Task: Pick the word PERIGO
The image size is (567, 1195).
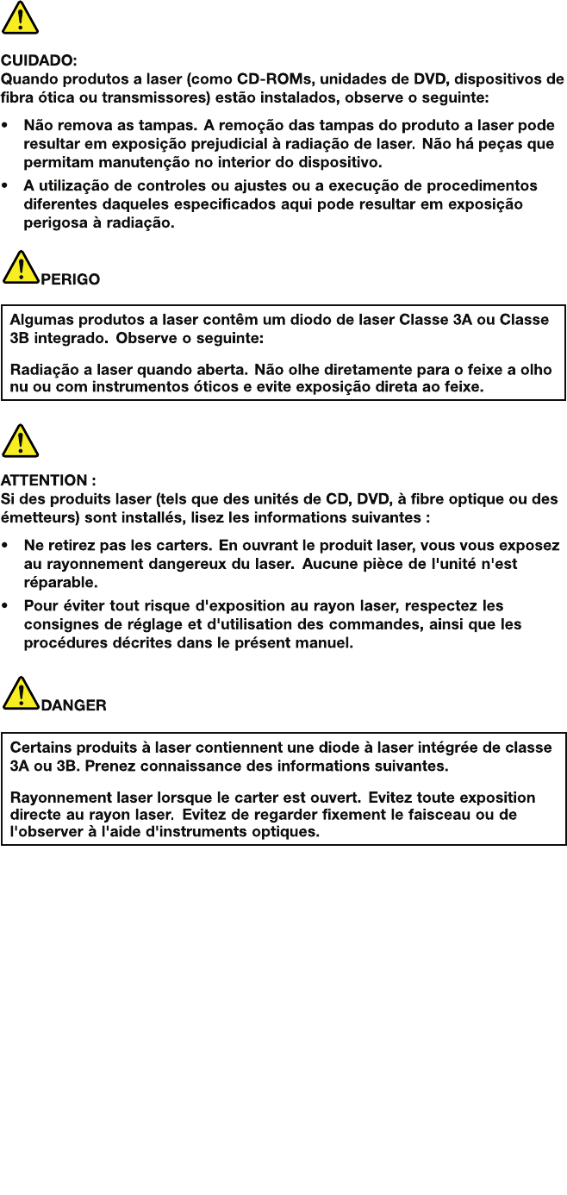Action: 71,279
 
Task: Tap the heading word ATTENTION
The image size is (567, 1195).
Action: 44,480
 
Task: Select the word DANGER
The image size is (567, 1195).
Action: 74,705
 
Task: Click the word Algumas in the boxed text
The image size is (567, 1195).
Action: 40,320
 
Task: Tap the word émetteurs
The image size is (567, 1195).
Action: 35,517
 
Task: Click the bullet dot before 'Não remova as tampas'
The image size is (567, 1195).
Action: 7,126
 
